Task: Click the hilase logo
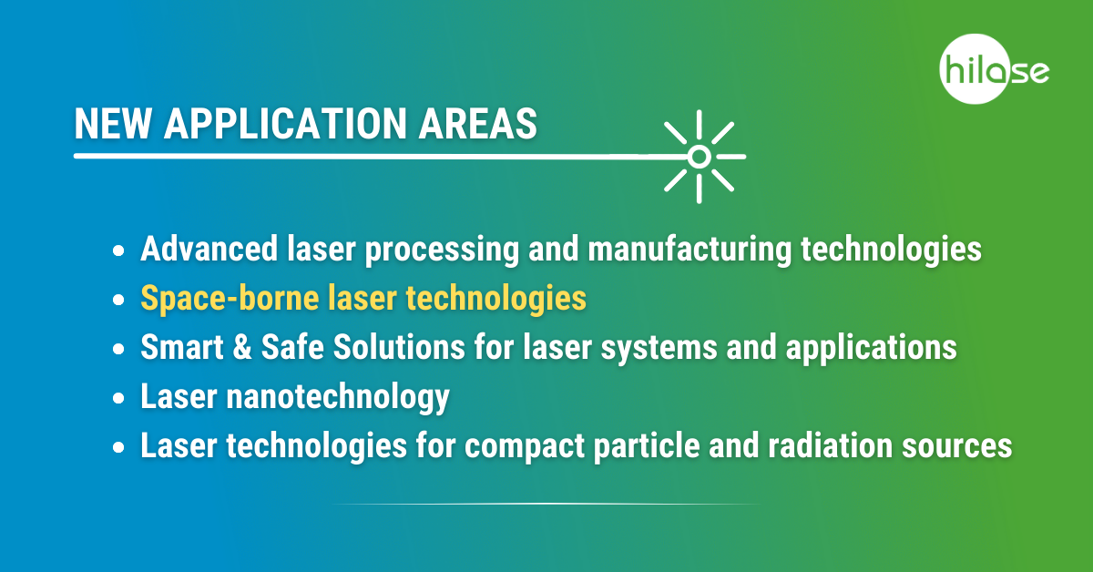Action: [x=994, y=69]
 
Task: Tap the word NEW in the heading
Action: [x=113, y=124]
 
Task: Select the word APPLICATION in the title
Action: [x=285, y=124]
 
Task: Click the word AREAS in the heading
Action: [x=477, y=124]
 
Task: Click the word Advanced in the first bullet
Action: [x=209, y=249]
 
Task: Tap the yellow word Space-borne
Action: [x=230, y=298]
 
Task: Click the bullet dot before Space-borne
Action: [x=118, y=300]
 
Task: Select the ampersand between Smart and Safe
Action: [x=242, y=348]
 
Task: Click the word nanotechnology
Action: [x=338, y=398]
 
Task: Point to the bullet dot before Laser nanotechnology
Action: [x=118, y=398]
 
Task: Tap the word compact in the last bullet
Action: [x=525, y=446]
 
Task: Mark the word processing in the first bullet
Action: [x=442, y=250]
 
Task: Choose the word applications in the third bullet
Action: [x=872, y=349]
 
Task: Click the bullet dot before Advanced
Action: [x=118, y=250]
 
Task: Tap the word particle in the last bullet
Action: [x=647, y=446]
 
